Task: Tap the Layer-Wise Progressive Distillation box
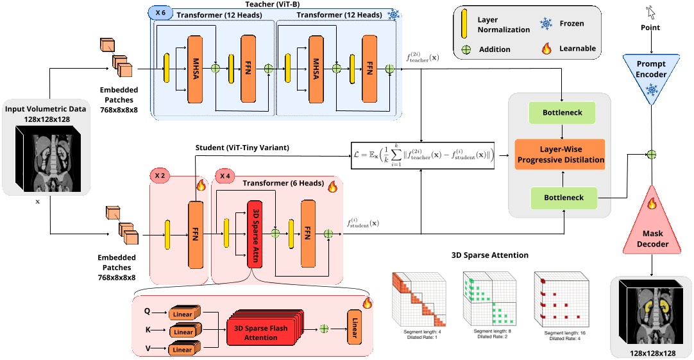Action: (562, 155)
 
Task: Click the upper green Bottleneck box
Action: (562, 113)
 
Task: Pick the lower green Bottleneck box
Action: (562, 198)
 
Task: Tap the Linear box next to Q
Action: (183, 314)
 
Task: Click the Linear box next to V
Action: (183, 350)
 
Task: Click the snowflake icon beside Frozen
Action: (548, 24)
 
